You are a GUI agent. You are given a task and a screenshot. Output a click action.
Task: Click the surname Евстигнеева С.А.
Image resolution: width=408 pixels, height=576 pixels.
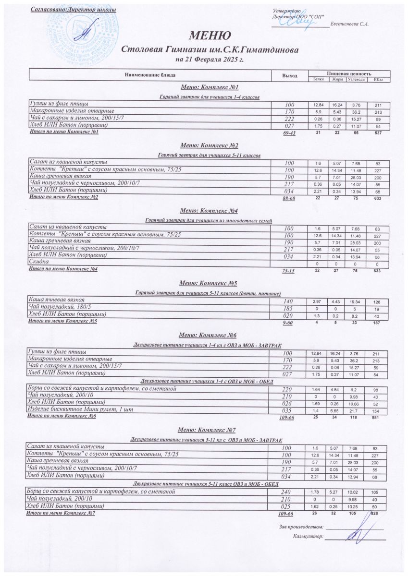click(x=350, y=24)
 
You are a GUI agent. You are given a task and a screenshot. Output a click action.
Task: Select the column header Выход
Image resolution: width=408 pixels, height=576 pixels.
click(x=289, y=75)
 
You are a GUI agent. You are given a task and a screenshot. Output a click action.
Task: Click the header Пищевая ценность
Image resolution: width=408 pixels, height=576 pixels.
click(x=348, y=73)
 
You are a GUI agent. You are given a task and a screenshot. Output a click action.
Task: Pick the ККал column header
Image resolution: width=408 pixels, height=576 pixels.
click(x=378, y=79)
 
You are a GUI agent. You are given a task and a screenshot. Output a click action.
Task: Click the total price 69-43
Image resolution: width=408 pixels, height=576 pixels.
click(x=289, y=133)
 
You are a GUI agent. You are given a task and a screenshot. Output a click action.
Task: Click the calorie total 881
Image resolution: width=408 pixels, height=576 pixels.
click(x=378, y=417)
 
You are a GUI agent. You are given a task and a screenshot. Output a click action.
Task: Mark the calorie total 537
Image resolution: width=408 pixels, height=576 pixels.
click(x=378, y=132)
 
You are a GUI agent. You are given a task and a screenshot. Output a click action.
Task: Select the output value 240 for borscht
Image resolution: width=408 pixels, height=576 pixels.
click(x=289, y=492)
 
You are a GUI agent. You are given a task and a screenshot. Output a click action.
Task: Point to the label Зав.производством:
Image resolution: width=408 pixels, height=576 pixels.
click(x=301, y=527)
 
